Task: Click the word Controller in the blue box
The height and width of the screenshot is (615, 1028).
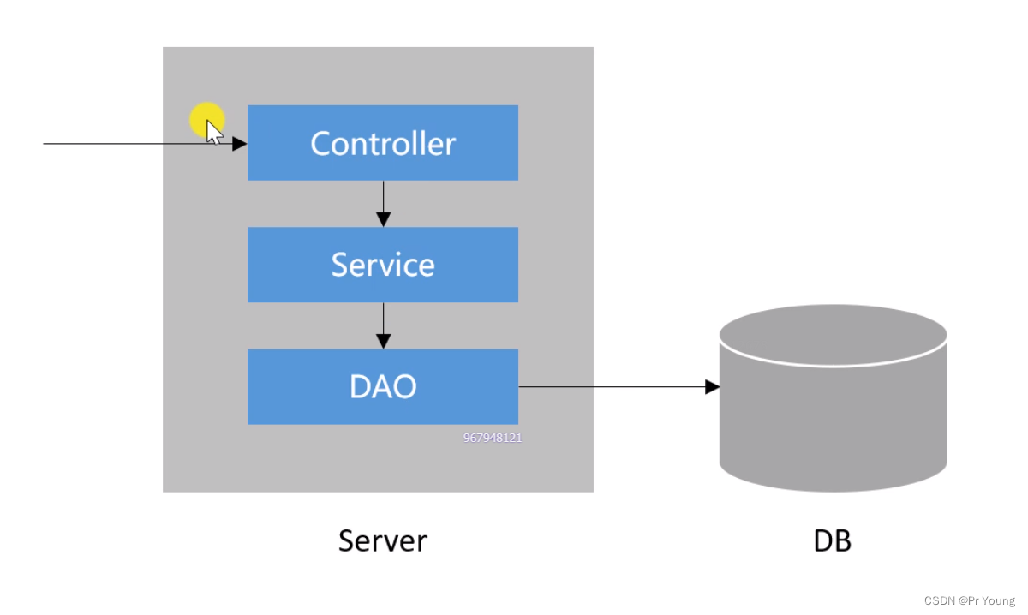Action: point(383,144)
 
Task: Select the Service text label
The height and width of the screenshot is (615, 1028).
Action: point(383,265)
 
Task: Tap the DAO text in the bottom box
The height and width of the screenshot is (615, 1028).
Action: point(383,386)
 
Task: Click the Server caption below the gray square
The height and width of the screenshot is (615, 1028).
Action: point(383,540)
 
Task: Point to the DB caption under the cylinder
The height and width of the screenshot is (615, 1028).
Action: point(832,540)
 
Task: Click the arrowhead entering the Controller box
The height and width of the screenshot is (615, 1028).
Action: point(240,144)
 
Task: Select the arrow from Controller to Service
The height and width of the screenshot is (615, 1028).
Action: point(383,204)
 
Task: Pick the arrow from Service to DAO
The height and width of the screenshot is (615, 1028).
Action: point(383,325)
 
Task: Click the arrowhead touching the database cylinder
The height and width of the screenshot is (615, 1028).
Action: point(712,387)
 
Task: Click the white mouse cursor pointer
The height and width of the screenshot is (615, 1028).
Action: point(213,133)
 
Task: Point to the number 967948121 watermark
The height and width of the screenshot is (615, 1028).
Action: point(493,438)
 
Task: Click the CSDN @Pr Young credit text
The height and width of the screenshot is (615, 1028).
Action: point(969,600)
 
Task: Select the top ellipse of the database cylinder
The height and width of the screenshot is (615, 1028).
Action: point(833,335)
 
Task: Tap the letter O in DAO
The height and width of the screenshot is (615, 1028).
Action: point(403,386)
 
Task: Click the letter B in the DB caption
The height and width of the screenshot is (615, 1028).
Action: point(844,540)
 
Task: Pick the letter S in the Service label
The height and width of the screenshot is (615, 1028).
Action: point(339,265)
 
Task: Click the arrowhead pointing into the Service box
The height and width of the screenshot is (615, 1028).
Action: point(383,219)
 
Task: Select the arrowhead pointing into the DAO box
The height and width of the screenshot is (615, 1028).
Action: point(383,342)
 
